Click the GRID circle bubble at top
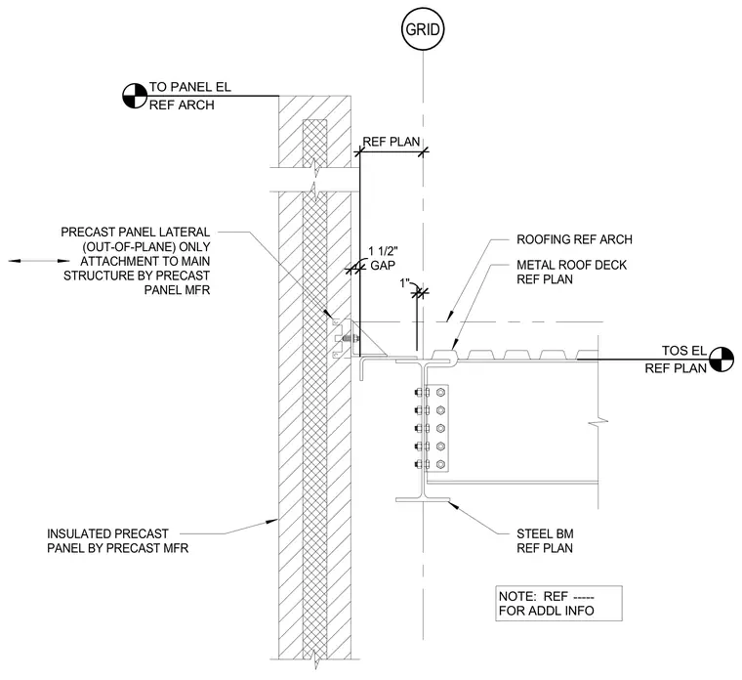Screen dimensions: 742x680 423,29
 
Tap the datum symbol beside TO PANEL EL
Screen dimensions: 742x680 135,96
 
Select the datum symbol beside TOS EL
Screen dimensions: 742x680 721,360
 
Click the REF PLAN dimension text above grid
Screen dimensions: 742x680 392,142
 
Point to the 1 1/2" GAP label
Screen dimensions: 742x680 383,258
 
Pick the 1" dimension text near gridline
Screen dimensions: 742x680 404,283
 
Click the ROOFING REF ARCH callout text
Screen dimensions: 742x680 574,239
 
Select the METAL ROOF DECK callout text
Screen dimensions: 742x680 571,272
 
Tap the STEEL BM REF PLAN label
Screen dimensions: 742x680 545,541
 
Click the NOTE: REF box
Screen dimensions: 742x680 558,603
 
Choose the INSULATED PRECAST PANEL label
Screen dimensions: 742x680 117,541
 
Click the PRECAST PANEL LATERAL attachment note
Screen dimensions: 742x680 137,261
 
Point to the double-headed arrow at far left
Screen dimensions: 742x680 39,261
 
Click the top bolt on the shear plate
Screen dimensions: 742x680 440,392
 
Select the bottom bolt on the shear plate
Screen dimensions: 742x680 440,464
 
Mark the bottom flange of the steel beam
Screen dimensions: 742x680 423,499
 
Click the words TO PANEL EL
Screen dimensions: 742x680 189,87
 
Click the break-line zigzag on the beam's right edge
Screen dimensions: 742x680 598,420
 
